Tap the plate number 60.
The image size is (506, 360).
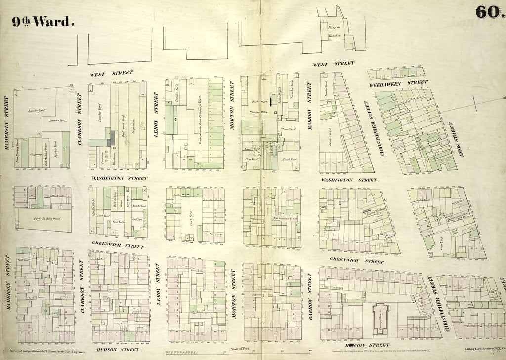click(488, 13)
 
